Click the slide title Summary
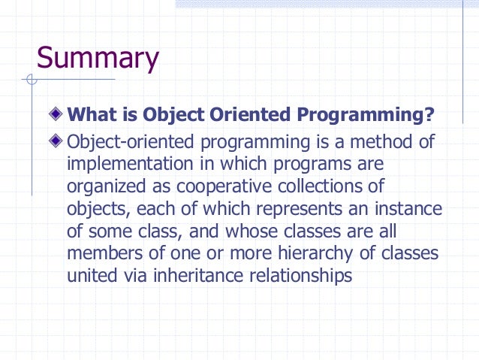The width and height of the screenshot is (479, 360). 98,59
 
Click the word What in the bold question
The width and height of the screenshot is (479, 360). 90,116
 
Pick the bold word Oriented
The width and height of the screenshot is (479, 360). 252,116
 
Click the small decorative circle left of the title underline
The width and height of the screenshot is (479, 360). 31,79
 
